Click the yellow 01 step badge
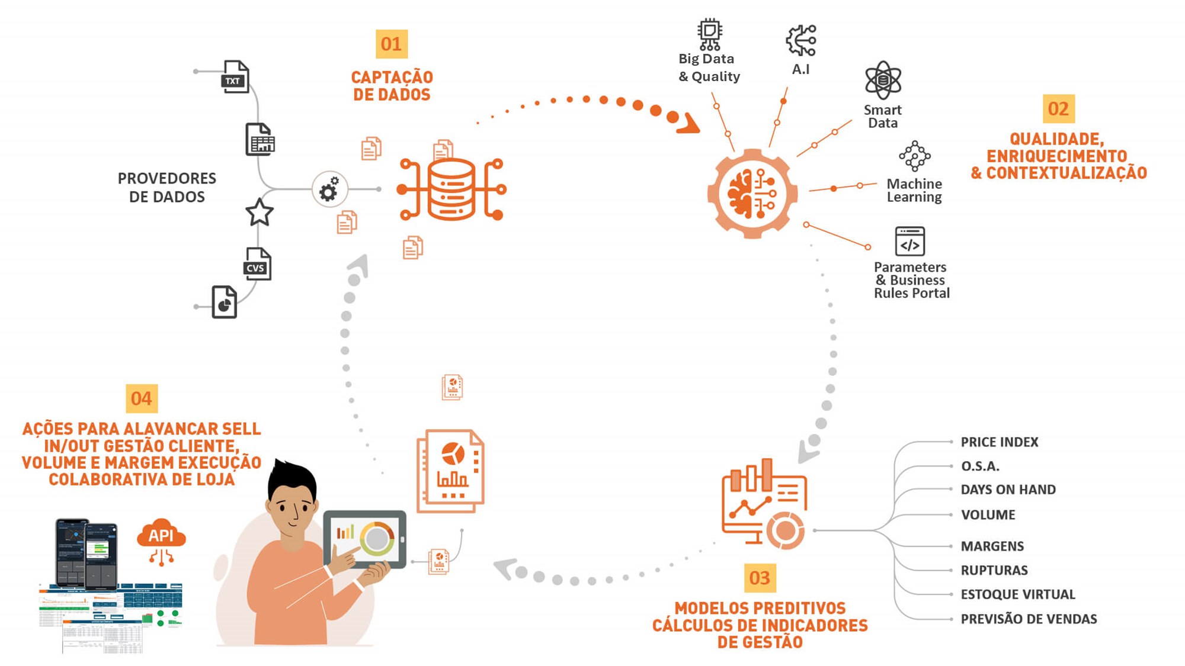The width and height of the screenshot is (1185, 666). point(391,44)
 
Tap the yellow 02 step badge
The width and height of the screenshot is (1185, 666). point(1058,109)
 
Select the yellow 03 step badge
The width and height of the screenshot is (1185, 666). point(760,578)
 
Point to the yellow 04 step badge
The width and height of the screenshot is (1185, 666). point(142,398)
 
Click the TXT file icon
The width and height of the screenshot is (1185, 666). point(235,77)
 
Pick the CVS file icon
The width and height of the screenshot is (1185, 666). point(257,264)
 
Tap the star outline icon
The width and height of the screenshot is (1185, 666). point(260,213)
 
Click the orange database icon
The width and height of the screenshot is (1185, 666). point(451,189)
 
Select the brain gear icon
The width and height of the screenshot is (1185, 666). point(752,194)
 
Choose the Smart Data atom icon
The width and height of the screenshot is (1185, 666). point(883,80)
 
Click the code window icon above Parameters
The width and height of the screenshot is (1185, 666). point(910,241)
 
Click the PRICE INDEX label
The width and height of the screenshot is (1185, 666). point(1000,442)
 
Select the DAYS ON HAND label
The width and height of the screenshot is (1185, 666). point(1008,490)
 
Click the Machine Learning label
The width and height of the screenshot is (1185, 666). point(914,191)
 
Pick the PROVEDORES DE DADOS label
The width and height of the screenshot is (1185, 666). point(166,188)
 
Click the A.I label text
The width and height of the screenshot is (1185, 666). point(800,69)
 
